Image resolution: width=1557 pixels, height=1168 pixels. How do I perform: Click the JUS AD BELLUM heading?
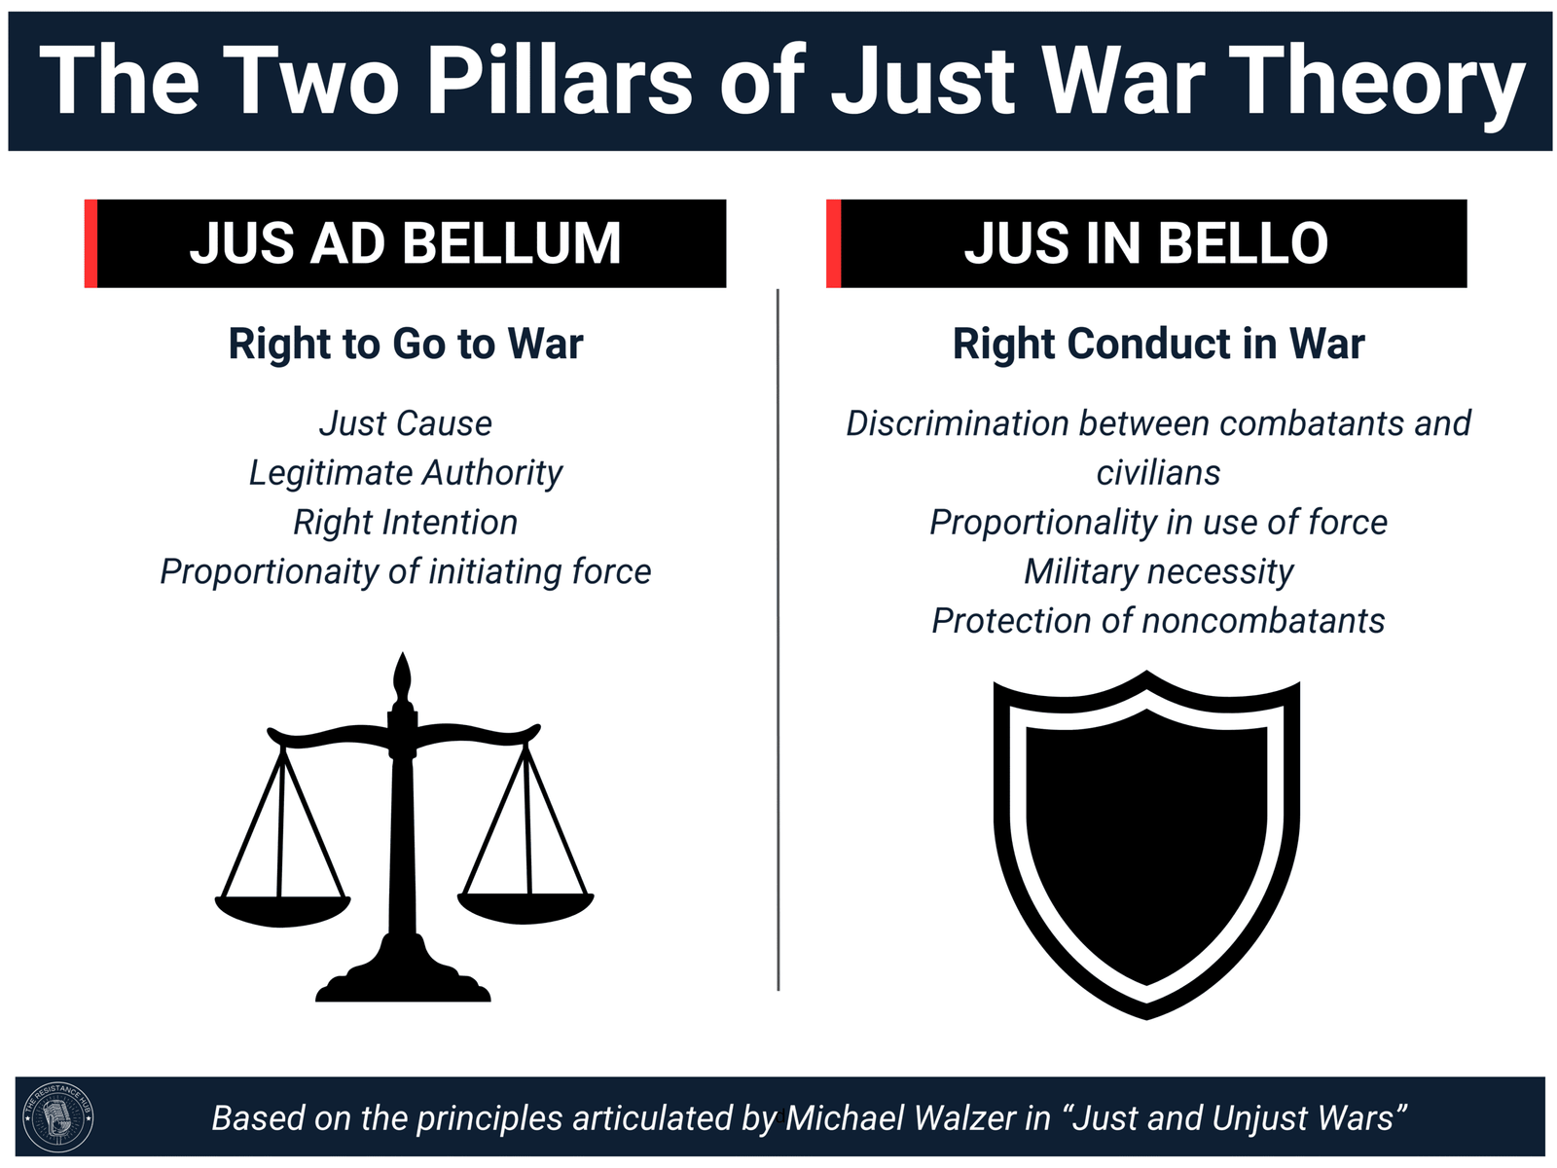405,243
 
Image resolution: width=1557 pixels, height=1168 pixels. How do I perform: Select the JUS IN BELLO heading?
1145,243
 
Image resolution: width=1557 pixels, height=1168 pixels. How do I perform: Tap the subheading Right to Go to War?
405,344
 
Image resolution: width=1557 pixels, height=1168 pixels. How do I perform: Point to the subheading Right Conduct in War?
1158,344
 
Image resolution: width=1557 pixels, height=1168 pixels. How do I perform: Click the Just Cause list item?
405,423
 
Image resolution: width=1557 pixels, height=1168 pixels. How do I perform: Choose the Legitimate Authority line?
405,473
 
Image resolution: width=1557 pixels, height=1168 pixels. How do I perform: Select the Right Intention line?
405,523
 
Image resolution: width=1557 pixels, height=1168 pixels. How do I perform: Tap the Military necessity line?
1158,572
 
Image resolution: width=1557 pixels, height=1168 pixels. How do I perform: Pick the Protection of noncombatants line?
1158,621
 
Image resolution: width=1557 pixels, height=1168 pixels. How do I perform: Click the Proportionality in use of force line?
1158,523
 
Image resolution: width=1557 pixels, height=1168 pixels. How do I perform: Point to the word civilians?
1158,473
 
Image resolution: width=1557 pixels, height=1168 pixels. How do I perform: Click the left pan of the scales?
282,911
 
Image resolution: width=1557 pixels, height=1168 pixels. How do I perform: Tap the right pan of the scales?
525,908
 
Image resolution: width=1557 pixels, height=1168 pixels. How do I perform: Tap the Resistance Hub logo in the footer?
58,1117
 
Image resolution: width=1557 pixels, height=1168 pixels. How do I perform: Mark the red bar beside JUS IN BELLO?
833,243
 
